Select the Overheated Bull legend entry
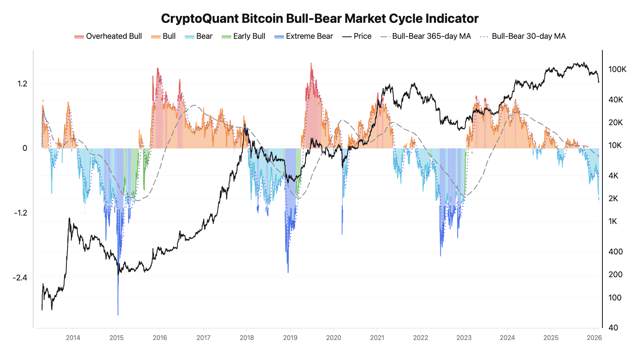click(108, 36)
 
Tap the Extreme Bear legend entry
click(304, 36)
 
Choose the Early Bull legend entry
click(244, 36)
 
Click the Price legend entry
click(357, 36)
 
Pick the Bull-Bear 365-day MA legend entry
click(426, 36)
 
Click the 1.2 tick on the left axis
click(22, 84)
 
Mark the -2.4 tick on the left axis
click(20, 278)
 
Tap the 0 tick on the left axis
click(25, 148)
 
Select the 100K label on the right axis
click(617, 69)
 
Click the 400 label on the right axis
click(615, 252)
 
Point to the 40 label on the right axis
click(613, 328)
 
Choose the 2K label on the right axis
click(613, 198)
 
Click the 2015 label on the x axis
click(116, 338)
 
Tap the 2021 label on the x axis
click(377, 338)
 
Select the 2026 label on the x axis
click(594, 338)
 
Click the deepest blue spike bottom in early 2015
click(118, 314)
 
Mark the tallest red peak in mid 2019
click(311, 64)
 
